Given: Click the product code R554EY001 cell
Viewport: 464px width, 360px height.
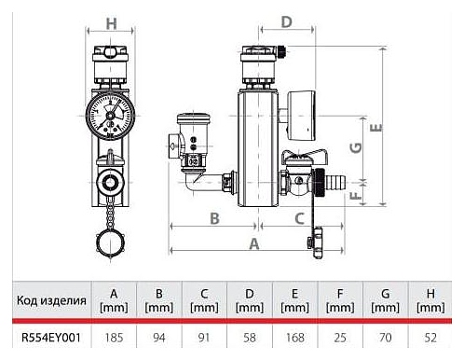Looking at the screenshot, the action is [x=51, y=338].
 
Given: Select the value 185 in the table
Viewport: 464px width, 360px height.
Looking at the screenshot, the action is [x=114, y=338].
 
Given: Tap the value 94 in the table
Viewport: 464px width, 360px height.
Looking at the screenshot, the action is [x=159, y=338].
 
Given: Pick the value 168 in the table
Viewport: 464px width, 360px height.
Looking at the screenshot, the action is [x=294, y=338].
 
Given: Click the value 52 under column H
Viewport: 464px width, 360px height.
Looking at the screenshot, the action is [x=430, y=338].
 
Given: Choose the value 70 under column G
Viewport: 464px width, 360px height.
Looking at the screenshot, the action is [x=385, y=338].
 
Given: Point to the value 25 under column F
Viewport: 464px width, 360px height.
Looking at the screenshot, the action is [x=340, y=338].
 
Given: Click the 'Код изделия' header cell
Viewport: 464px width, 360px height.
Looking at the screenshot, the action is [x=51, y=300].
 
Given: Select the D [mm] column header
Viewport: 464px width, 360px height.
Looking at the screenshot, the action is [x=250, y=300].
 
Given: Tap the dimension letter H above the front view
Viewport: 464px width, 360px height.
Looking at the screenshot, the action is [x=112, y=23].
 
